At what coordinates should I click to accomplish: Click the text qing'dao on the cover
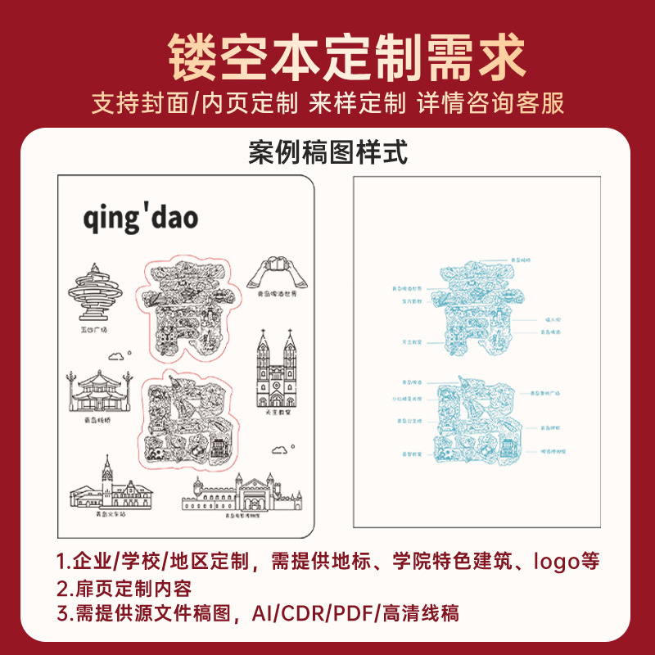point(140,219)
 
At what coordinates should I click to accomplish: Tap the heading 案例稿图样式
point(327,153)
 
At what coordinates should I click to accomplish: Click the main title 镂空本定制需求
point(327,56)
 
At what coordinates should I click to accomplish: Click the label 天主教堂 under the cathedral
point(278,413)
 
